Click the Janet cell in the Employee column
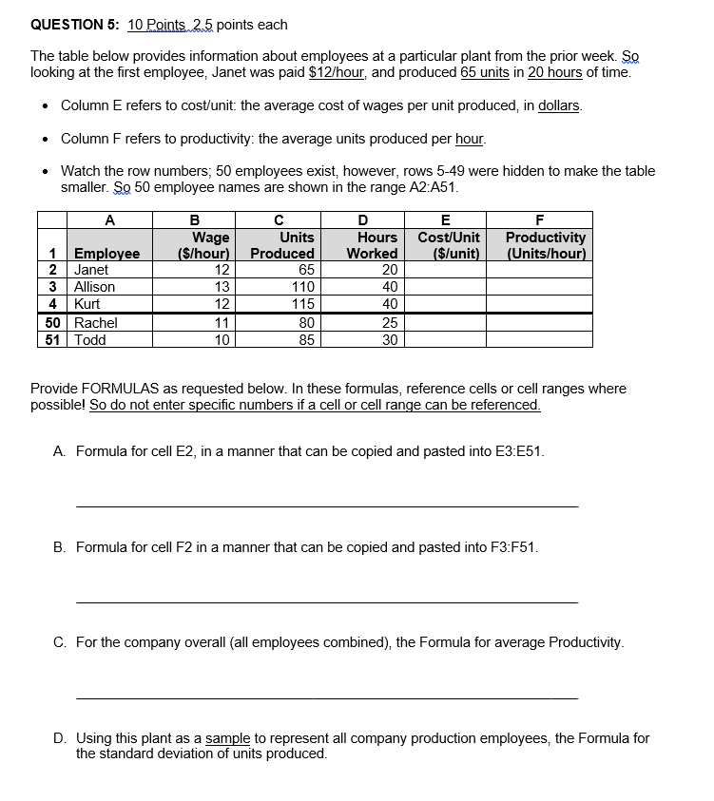(91, 270)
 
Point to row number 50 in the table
(54, 323)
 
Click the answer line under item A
(325, 506)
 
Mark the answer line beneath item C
(325, 697)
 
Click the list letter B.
(60, 547)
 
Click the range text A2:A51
(425, 187)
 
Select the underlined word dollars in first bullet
(560, 105)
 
